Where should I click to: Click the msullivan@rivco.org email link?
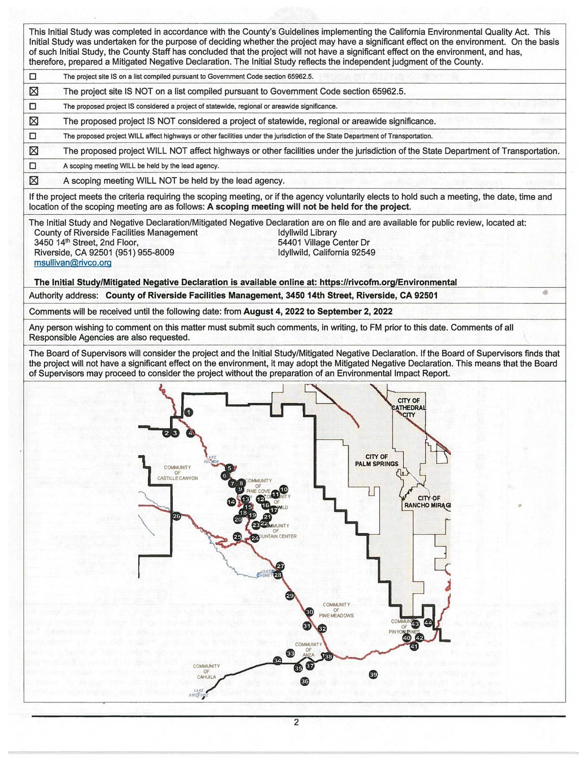(73, 263)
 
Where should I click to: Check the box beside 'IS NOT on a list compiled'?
(34, 91)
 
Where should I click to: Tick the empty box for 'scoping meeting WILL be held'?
(33, 166)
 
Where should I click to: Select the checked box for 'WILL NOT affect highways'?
(34, 151)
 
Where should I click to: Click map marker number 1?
(188, 413)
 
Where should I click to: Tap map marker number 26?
(176, 516)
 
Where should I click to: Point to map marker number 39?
(373, 675)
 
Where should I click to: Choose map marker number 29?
(290, 596)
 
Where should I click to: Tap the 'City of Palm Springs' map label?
(377, 460)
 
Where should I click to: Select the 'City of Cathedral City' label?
(409, 408)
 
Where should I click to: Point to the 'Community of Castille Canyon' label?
(177, 473)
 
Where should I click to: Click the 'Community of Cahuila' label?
(206, 672)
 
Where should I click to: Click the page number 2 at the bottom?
(296, 722)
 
